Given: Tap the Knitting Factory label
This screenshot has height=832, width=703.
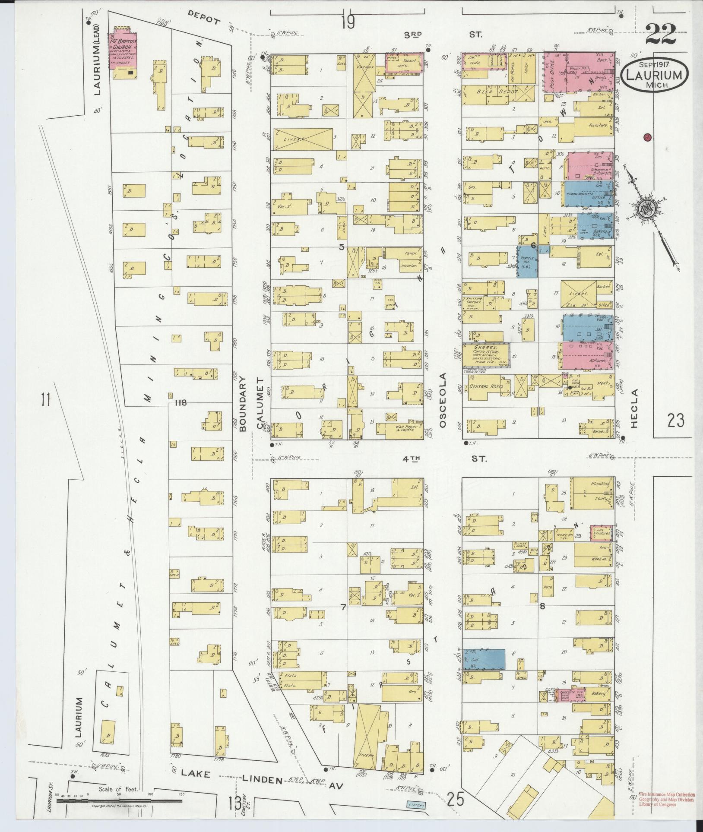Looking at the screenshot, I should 474,299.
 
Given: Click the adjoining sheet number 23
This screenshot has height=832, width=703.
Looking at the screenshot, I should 675,420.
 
